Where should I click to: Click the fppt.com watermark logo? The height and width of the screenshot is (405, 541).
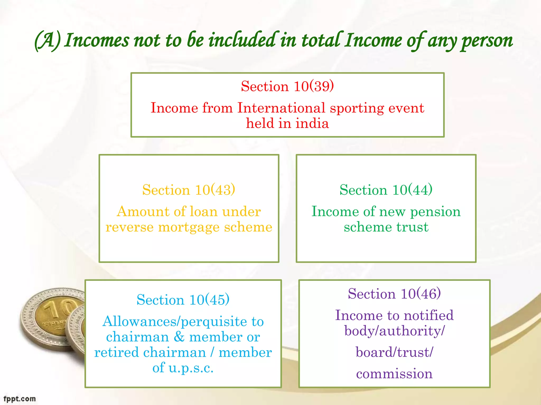pos(20,399)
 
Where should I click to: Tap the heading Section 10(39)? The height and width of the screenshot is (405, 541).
pos(287,86)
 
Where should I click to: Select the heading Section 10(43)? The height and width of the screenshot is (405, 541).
pos(189,190)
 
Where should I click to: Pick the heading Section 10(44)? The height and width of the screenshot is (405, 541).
pos(386,190)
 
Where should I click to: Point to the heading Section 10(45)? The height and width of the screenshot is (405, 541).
pos(183,300)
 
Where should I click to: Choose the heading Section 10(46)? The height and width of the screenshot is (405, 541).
pos(394,294)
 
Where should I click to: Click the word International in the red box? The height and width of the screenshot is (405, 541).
pos(281,108)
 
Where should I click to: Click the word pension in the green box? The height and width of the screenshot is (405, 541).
pos(435,212)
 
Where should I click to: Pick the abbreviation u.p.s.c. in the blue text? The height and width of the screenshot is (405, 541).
pos(191,368)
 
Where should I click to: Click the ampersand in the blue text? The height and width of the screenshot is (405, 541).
pos(179,337)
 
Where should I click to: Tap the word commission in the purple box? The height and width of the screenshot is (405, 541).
pos(394,374)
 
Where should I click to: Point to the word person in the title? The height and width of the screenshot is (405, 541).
pos(487,41)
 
